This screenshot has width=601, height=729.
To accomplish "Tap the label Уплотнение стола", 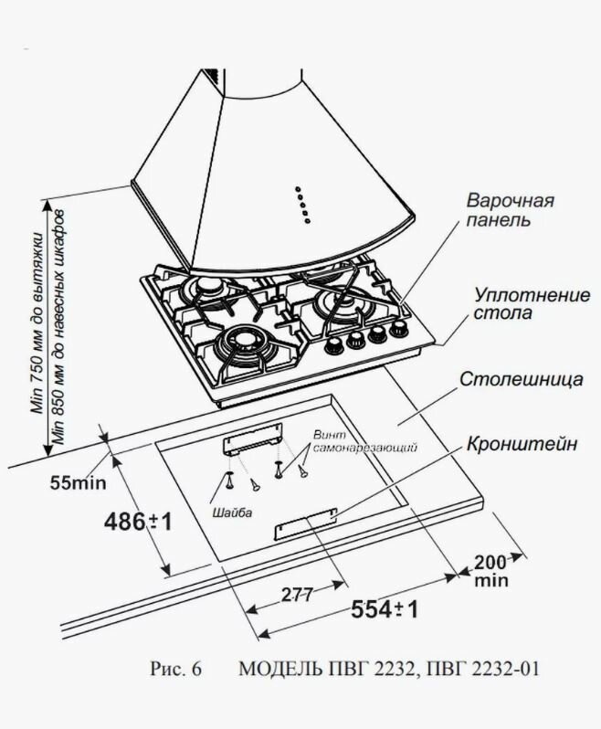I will [x=516, y=303].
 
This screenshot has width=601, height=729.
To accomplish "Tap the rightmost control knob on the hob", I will [x=398, y=329].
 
